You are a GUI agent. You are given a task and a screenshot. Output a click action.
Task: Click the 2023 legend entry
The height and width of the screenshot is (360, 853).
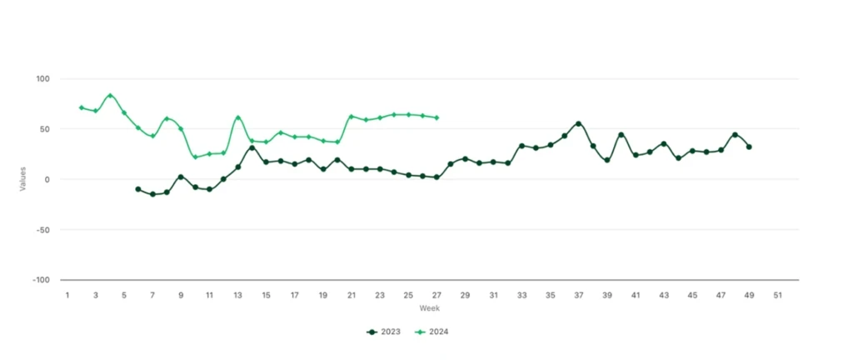[x=384, y=332]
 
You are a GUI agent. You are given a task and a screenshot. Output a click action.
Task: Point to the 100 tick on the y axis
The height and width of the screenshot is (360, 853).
[x=42, y=79]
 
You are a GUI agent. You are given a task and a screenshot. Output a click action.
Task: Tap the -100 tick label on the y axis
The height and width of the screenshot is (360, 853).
[x=40, y=280]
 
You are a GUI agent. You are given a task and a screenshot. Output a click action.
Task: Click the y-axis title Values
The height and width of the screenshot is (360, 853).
[x=23, y=179]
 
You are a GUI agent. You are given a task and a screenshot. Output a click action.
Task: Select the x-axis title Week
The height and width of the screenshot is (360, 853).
[x=429, y=308]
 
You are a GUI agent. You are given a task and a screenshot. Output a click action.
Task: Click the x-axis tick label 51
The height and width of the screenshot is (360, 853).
[x=777, y=295]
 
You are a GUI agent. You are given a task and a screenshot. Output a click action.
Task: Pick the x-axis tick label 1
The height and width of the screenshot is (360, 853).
[x=67, y=295]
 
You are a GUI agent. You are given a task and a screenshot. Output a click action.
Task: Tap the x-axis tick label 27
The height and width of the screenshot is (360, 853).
[x=436, y=295]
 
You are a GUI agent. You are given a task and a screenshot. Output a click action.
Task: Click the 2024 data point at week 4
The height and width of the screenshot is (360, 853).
[x=110, y=96]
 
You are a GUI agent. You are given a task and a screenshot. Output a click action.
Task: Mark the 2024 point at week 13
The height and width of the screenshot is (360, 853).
[x=238, y=117]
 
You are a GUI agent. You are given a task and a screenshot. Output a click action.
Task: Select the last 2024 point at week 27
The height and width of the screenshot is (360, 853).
[x=436, y=117]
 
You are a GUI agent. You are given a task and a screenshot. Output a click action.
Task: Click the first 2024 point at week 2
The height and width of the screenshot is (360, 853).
[x=82, y=107]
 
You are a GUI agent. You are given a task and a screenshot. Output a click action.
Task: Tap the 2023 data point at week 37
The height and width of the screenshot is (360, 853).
[x=578, y=123]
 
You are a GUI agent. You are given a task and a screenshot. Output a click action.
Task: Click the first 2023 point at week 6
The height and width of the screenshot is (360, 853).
[x=138, y=189]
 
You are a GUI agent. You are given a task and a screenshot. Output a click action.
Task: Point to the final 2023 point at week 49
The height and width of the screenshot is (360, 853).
[x=749, y=147]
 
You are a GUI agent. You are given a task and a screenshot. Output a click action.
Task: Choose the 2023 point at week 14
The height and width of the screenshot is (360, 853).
[x=252, y=147]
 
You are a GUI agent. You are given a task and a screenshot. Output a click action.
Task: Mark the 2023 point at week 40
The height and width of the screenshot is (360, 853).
[x=621, y=134]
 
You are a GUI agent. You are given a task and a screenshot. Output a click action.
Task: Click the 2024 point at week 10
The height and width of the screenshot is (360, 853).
[x=195, y=157]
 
